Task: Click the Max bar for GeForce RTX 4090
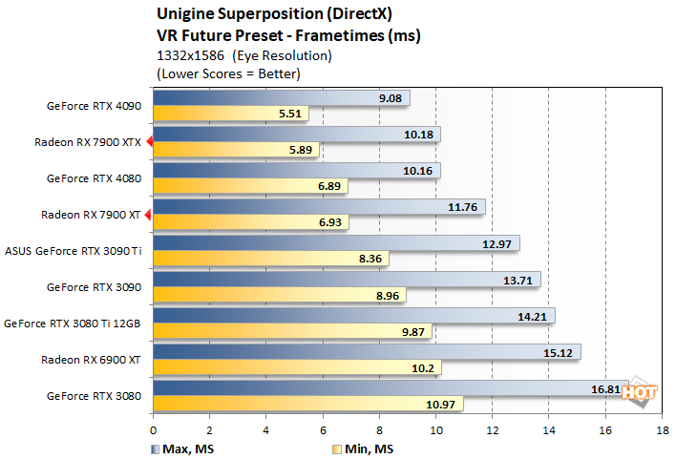pyautogui.click(x=281, y=97)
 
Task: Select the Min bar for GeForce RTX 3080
pyautogui.click(x=307, y=405)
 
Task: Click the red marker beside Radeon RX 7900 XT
pyautogui.click(x=148, y=215)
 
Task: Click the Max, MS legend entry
pyautogui.click(x=177, y=448)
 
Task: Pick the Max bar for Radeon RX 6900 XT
pyautogui.click(x=366, y=353)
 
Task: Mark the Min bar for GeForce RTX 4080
pyautogui.click(x=250, y=187)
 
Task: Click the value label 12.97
pyautogui.click(x=498, y=242)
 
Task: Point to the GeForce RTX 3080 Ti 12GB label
pyautogui.click(x=73, y=323)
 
